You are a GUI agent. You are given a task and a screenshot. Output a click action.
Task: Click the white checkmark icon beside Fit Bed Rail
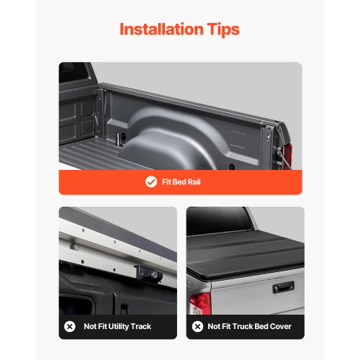point(150,182)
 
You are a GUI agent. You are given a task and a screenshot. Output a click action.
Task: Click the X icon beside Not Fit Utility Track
point(70,326)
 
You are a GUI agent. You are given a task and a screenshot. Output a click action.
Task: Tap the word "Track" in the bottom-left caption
point(142,326)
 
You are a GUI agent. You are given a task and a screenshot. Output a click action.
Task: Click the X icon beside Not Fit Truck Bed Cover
point(197,326)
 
